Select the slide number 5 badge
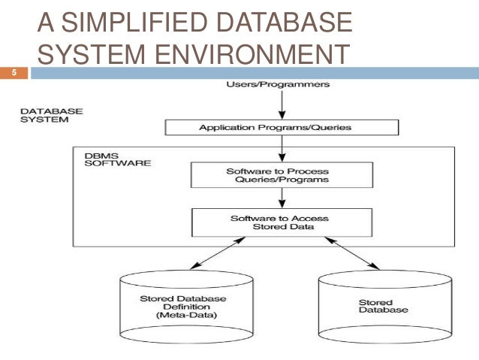pyautogui.click(x=14, y=73)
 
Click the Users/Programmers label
pyautogui.click(x=277, y=84)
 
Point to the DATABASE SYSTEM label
pyautogui.click(x=52, y=114)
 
